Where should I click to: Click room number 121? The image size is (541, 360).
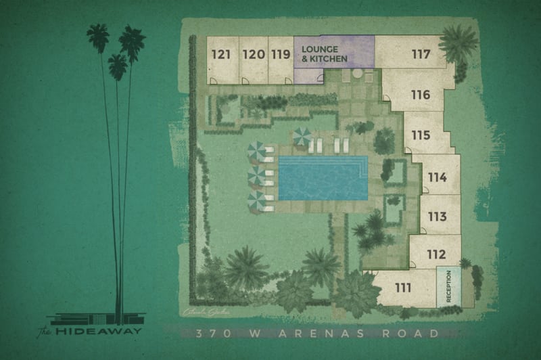pyautogui.click(x=220, y=54)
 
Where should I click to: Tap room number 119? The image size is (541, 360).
pyautogui.click(x=279, y=54)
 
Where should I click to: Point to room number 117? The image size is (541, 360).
pyautogui.click(x=421, y=54)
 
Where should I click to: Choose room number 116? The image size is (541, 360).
pyautogui.click(x=420, y=95)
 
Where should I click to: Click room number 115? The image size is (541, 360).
pyautogui.click(x=420, y=135)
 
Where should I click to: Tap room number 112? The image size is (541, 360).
pyautogui.click(x=437, y=255)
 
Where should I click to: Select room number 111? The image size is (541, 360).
pyautogui.click(x=403, y=288)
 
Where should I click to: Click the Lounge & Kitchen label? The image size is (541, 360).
pyautogui.click(x=325, y=54)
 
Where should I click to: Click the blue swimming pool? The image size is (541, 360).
pyautogui.click(x=323, y=178)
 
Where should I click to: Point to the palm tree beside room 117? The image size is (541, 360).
pyautogui.click(x=458, y=44)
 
